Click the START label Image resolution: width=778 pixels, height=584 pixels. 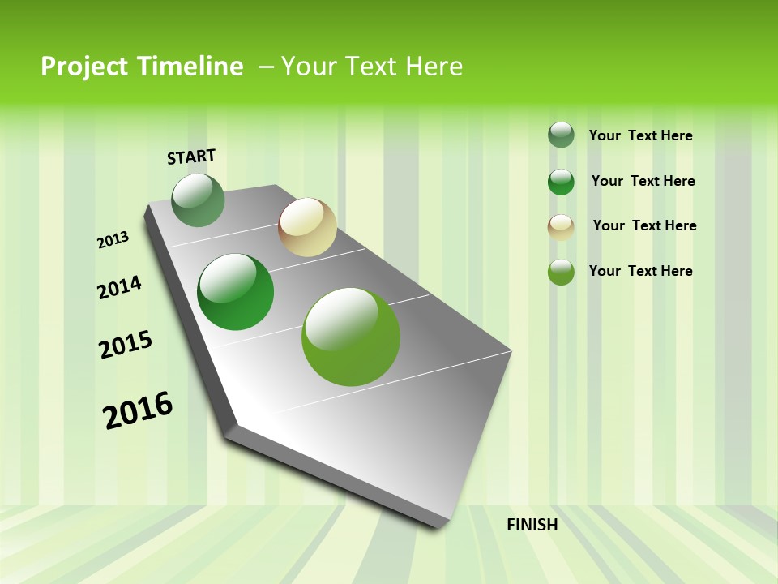[x=191, y=157]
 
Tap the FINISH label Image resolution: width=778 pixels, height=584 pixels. [x=532, y=525]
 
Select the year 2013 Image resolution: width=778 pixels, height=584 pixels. [x=113, y=240]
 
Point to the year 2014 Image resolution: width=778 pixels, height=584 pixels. [x=119, y=287]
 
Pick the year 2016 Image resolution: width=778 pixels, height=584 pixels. [x=137, y=410]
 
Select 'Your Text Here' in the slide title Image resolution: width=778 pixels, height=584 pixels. [x=371, y=67]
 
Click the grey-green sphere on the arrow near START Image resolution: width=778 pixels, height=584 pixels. [x=198, y=200]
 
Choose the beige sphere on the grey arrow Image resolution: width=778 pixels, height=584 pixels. [x=307, y=227]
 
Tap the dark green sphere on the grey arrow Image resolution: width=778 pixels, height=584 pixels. [x=236, y=292]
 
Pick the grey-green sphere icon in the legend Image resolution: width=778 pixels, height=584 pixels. [x=561, y=135]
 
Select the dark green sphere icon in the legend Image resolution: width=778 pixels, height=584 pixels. [x=561, y=182]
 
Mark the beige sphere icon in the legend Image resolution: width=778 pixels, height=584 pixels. [x=561, y=227]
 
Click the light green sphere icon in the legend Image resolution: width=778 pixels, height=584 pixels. [x=561, y=272]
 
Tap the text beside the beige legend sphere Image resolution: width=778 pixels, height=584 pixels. [x=644, y=225]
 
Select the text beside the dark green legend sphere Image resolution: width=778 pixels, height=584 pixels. [x=643, y=181]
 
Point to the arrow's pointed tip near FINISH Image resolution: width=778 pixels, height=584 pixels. [x=442, y=526]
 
